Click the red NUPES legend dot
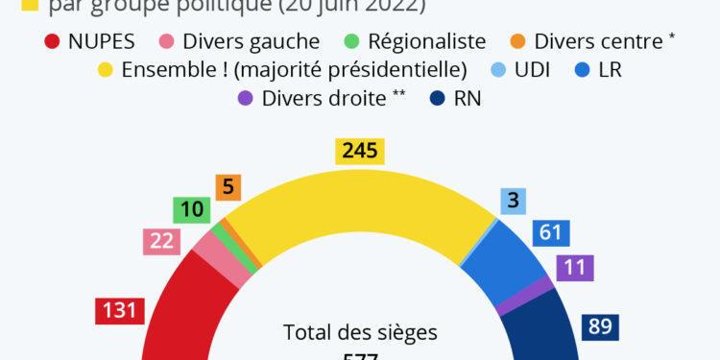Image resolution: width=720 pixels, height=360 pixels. [53, 42]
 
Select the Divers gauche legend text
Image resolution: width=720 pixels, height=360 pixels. [251, 42]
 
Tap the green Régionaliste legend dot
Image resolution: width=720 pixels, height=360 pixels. [351, 42]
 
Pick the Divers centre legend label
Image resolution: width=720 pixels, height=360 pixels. [597, 42]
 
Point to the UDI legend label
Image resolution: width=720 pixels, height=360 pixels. [532, 70]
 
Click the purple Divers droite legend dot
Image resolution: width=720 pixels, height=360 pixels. [245, 98]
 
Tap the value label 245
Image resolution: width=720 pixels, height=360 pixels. [360, 151]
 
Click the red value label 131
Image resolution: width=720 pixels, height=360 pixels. [119, 311]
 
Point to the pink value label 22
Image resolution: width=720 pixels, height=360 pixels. [161, 242]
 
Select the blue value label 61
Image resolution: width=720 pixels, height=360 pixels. [551, 232]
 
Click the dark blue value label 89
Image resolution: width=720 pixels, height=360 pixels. [600, 326]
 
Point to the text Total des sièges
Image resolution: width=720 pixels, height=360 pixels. [360, 332]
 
